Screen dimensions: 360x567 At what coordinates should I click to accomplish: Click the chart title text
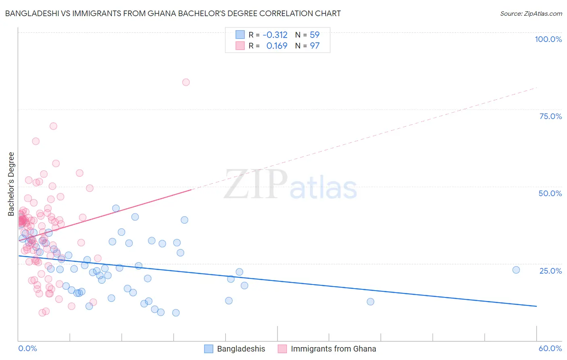click(173, 13)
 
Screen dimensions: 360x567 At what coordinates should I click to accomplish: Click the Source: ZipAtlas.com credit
click(531, 13)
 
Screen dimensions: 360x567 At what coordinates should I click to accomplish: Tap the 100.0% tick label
click(548, 39)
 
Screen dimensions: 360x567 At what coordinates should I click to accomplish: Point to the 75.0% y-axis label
click(550, 116)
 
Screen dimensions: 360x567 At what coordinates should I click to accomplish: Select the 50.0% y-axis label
click(550, 193)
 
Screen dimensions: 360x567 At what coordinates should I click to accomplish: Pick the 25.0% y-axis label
click(550, 271)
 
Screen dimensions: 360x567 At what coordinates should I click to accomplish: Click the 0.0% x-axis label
click(27, 348)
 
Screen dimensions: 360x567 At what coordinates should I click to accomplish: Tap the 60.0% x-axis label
click(550, 348)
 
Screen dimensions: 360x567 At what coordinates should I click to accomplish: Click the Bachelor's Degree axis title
click(11, 184)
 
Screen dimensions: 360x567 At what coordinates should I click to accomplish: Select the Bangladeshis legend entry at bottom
click(241, 349)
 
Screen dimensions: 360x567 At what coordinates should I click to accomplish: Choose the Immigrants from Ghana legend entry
click(333, 349)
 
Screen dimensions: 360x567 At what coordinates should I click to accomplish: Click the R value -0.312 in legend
click(275, 35)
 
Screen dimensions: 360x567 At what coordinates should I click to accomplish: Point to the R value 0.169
click(277, 46)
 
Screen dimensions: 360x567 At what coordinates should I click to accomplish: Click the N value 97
click(315, 46)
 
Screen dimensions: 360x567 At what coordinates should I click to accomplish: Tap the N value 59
click(315, 35)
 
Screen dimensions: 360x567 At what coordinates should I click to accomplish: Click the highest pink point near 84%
click(186, 82)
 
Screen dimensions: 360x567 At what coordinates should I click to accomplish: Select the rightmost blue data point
click(516, 270)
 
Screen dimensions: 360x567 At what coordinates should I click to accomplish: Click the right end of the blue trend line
click(536, 306)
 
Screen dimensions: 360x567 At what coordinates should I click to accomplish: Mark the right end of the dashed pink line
click(537, 88)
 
